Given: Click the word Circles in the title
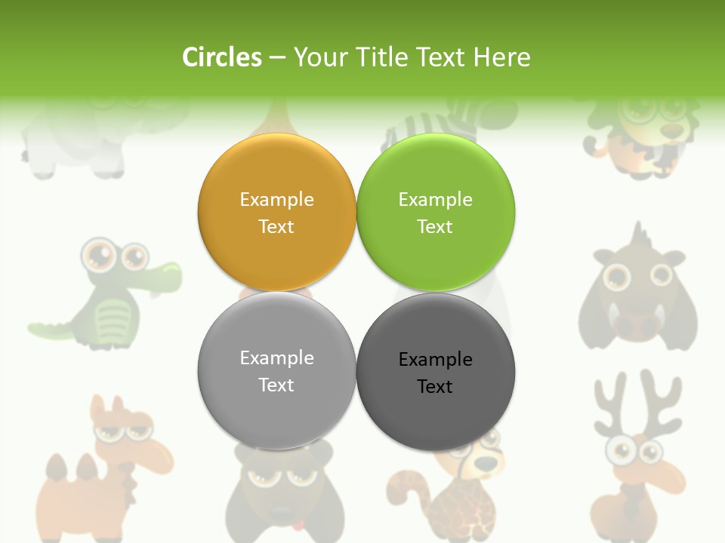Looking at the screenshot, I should (x=222, y=57).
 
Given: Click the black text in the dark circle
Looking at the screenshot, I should (x=435, y=373).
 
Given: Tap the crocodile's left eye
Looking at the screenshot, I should (x=97, y=255).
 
